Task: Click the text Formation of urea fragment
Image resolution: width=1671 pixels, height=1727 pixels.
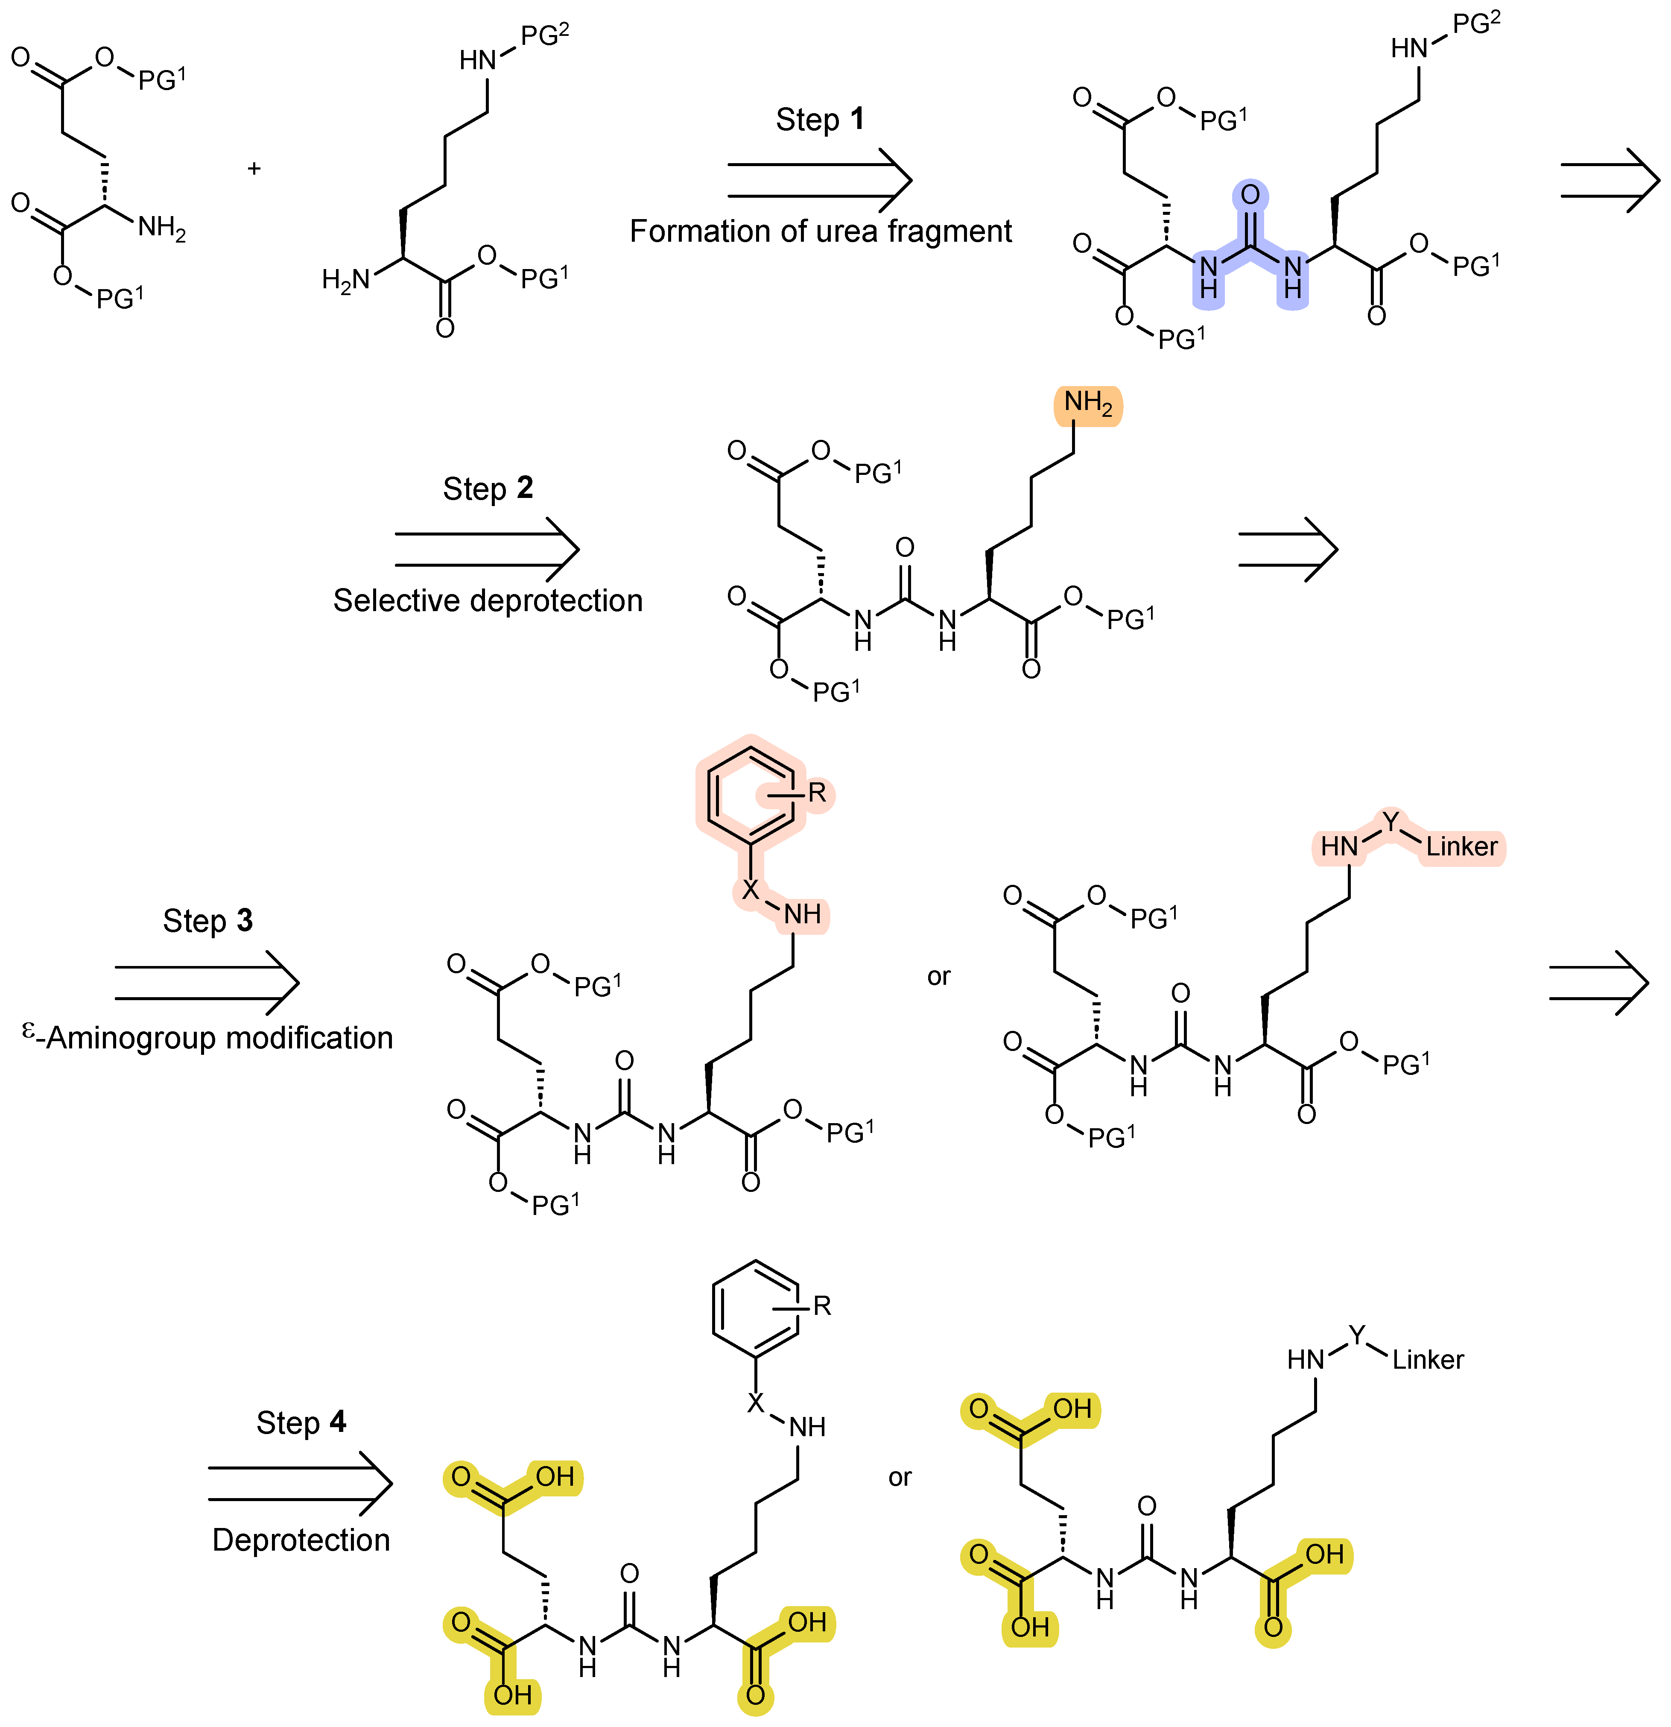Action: [x=820, y=231]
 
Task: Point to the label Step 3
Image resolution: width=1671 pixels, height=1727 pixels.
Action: [x=208, y=921]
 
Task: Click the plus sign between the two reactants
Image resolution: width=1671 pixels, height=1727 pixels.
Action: [x=254, y=168]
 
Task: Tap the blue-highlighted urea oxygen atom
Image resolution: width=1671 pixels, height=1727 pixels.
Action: [x=1250, y=195]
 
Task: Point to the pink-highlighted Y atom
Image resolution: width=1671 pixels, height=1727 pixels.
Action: [x=1390, y=822]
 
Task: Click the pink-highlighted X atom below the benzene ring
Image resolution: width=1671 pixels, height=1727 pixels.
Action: [x=750, y=890]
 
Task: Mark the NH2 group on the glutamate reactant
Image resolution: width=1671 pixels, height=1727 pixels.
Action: [x=161, y=228]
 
